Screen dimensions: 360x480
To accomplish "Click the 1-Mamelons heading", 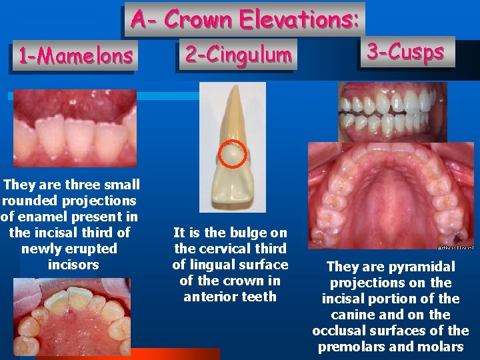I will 75,56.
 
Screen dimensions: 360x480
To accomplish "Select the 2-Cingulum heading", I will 238,54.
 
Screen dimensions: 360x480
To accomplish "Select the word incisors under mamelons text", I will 73,265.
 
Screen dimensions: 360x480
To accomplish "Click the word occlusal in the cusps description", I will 349,331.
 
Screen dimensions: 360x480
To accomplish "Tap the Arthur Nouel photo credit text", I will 455,247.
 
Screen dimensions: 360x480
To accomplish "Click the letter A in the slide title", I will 138,19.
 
